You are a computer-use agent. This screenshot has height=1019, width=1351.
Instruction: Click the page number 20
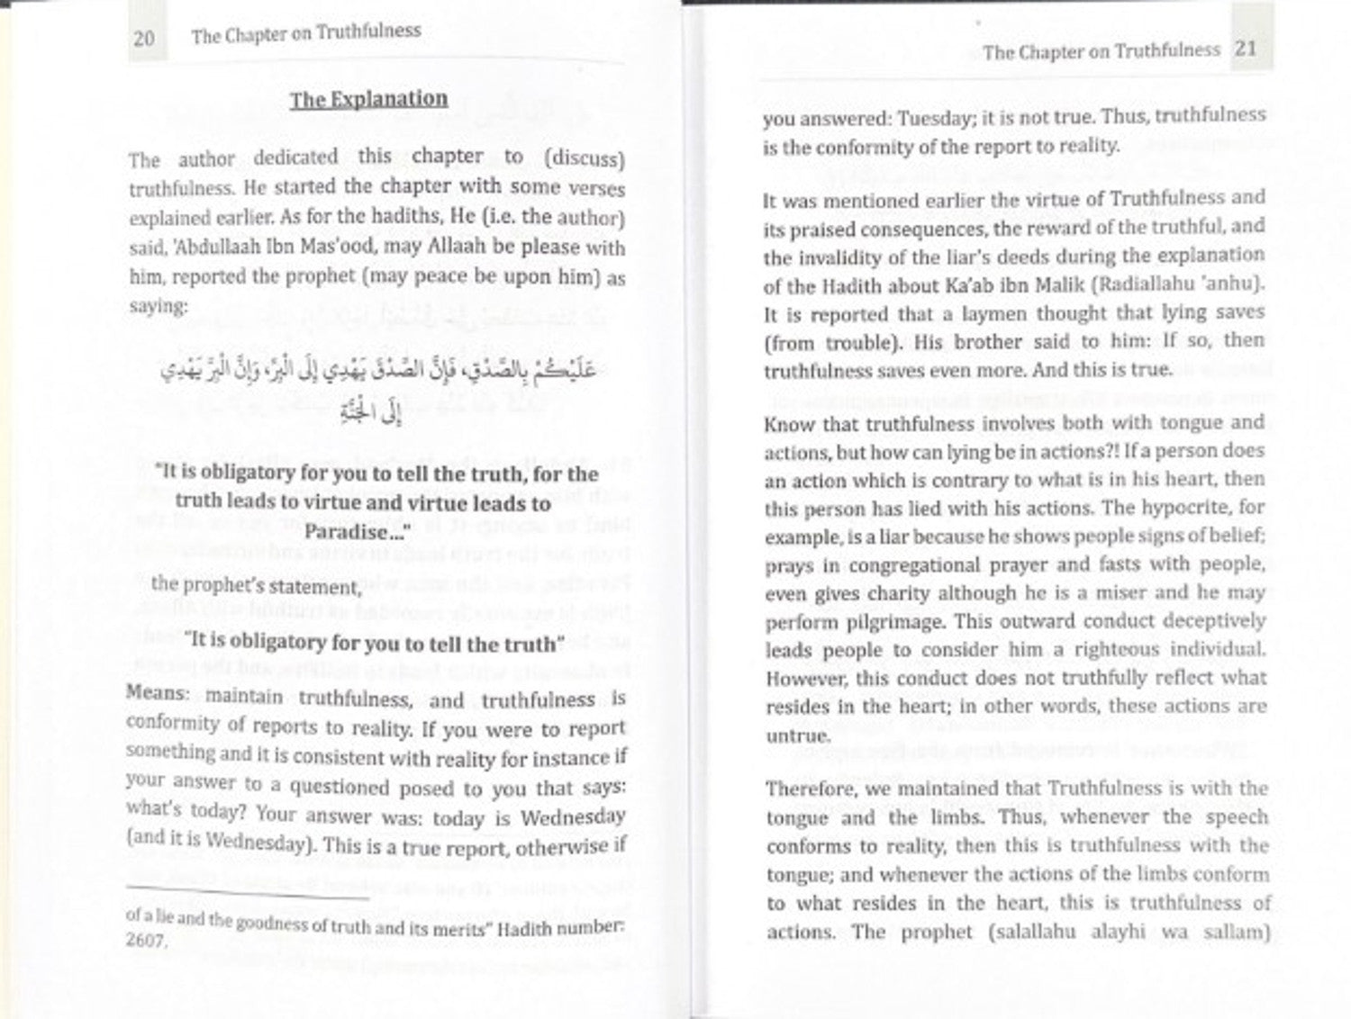pos(144,38)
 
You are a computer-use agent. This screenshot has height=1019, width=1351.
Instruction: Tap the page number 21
pos(1246,48)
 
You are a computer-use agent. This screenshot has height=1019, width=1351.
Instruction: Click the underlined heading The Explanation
pos(368,99)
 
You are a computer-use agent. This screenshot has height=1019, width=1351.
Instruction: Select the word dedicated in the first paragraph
pos(295,157)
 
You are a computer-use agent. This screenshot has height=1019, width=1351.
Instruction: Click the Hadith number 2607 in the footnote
pos(146,941)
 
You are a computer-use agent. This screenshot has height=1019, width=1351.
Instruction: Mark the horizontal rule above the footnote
pos(248,894)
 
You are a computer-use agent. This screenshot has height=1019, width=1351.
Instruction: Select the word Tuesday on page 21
pos(936,117)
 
